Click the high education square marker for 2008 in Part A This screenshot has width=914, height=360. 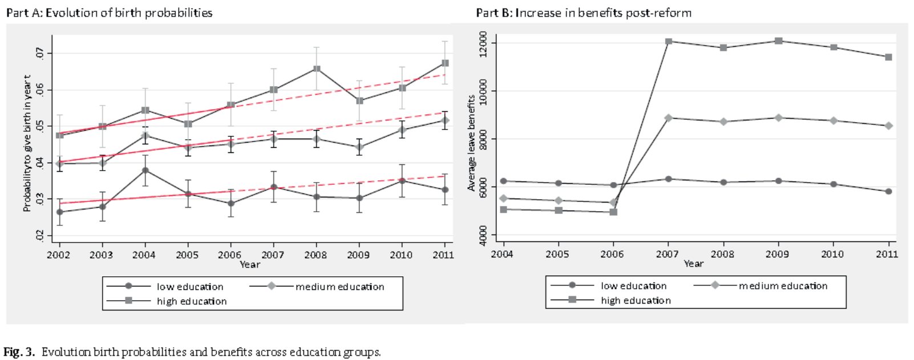point(317,69)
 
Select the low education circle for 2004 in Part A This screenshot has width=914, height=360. point(145,170)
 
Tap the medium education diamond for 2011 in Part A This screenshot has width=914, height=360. point(445,120)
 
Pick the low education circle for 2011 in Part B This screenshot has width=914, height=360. point(888,192)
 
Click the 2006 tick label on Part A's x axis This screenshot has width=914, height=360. point(229,254)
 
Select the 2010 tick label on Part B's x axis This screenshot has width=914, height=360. point(832,254)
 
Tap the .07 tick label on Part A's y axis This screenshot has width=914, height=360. point(39,54)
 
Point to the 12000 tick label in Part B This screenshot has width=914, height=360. point(483,44)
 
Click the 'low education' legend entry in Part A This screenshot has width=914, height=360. point(190,286)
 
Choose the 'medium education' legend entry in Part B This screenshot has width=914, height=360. point(783,286)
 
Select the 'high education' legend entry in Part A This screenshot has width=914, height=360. point(192,301)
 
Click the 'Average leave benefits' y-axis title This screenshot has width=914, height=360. point(471,143)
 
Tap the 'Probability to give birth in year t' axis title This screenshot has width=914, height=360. point(27,143)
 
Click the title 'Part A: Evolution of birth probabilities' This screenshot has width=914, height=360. point(109,13)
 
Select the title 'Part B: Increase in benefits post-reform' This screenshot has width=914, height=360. point(584,13)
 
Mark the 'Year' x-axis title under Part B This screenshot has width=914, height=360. point(693,264)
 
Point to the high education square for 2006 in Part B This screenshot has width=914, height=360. point(613,212)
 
